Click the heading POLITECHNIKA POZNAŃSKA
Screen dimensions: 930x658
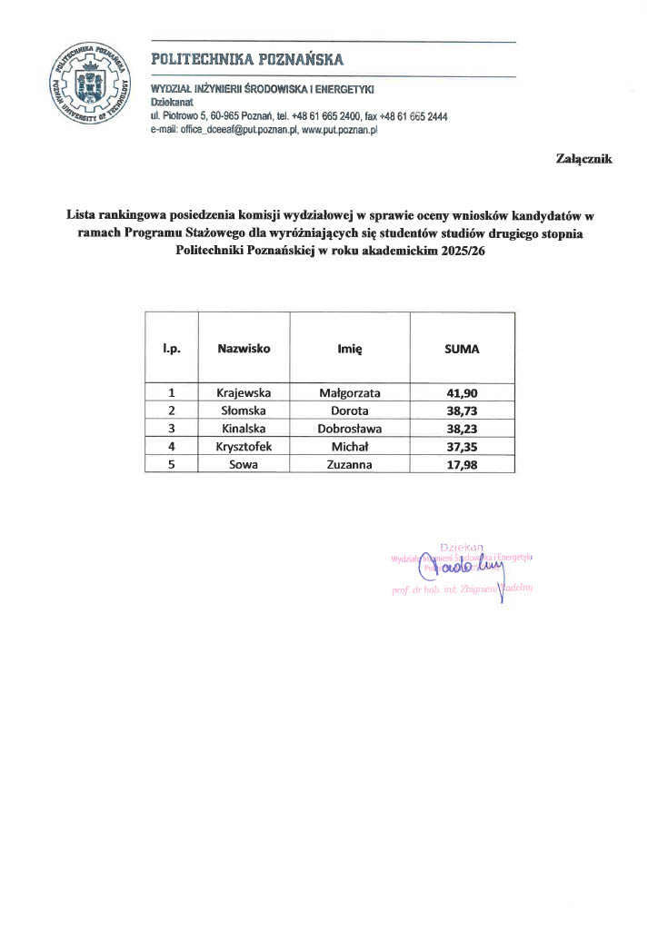coord(247,60)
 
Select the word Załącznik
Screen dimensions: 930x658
coord(584,159)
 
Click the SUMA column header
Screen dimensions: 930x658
coord(461,348)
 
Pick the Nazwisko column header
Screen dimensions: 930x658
coord(244,348)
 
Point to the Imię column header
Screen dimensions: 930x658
coord(350,348)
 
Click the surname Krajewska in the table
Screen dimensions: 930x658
coord(244,393)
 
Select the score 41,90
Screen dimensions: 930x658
coord(461,393)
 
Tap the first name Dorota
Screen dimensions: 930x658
coord(350,411)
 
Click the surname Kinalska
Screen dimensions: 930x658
coord(244,429)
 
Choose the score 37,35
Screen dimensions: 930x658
coord(461,446)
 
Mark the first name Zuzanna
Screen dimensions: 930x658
coord(350,464)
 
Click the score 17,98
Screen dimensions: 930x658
coord(461,464)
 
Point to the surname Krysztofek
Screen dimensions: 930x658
coord(244,446)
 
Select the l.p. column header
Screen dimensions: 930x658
coord(171,348)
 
